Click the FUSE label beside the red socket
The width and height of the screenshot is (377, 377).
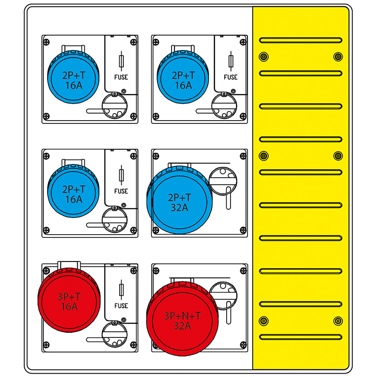point(121,305)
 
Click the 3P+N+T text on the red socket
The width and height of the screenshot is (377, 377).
point(182,315)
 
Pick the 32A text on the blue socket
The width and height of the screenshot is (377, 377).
point(181,207)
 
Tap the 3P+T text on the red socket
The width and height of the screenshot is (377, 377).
point(69,297)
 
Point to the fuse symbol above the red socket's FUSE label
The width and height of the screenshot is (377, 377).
point(122,289)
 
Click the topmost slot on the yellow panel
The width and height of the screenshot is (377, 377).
point(301,40)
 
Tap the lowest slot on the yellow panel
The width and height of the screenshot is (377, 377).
point(301,337)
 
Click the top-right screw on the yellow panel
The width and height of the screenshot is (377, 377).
point(338,57)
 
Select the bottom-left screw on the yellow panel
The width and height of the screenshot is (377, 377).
point(263,321)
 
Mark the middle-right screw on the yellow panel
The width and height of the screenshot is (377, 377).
point(338,156)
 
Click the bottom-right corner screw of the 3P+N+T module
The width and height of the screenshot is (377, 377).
point(243,345)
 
